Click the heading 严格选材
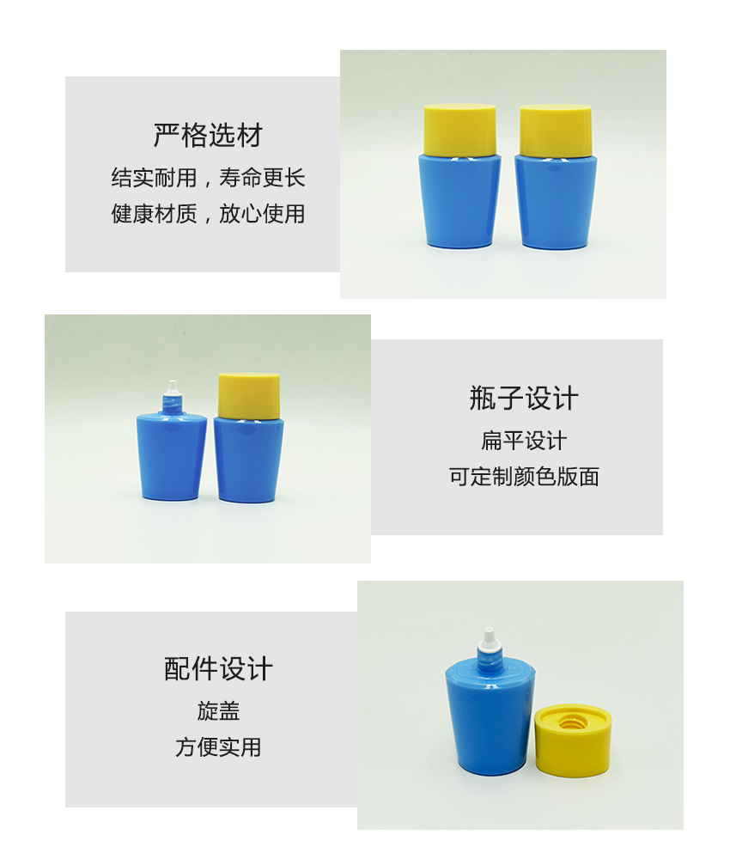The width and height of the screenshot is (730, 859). tap(208, 136)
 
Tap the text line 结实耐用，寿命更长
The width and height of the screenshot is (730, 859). tap(208, 178)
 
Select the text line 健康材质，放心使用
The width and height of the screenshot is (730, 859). tap(208, 214)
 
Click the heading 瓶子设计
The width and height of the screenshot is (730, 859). tap(524, 399)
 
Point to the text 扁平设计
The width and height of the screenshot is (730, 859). tap(524, 441)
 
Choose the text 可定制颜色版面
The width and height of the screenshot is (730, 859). tap(524, 477)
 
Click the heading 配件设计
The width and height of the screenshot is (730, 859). tap(218, 669)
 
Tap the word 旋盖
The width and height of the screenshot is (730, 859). tap(218, 711)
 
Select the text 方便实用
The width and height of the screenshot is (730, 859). tap(218, 747)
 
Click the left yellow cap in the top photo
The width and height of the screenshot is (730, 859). tap(459, 130)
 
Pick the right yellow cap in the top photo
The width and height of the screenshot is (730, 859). tap(556, 131)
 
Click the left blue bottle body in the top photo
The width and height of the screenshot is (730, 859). tap(459, 201)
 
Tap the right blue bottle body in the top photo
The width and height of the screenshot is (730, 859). tap(556, 202)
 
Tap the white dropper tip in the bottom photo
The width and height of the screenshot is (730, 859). tap(488, 639)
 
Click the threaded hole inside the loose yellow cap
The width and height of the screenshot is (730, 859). tap(569, 723)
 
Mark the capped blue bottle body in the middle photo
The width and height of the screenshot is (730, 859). tap(248, 459)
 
